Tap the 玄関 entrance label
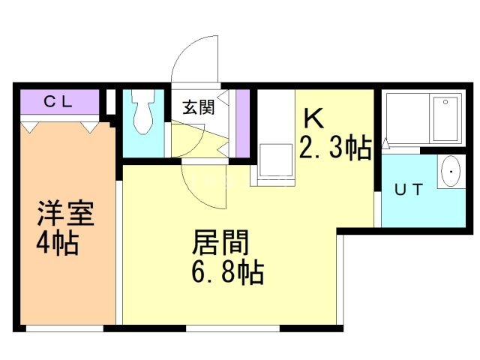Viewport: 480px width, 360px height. [198, 106]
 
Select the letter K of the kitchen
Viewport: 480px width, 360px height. [313, 118]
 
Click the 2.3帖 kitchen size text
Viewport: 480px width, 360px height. [335, 148]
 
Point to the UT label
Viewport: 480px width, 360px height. [409, 190]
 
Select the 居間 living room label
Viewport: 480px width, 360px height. [221, 244]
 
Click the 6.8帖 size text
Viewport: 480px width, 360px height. [226, 273]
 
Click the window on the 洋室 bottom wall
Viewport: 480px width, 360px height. [64, 328]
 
